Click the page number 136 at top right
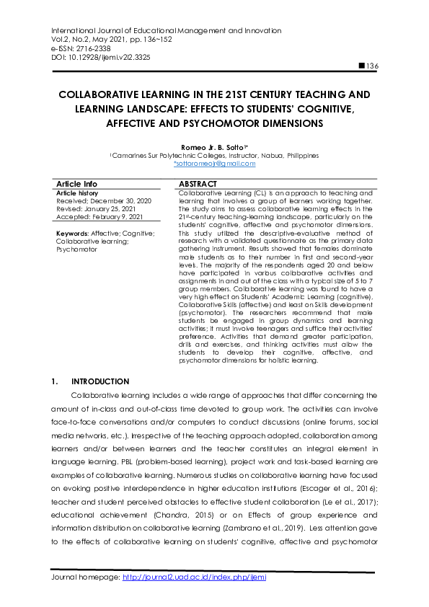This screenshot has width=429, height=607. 373,66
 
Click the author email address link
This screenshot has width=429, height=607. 214,164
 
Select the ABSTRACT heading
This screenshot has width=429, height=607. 198,185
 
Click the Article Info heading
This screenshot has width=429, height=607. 76,185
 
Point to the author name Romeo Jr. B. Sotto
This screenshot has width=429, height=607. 213,146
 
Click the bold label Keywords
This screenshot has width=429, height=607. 71,234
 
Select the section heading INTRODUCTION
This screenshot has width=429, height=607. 100,381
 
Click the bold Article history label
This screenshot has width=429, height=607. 77,193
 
